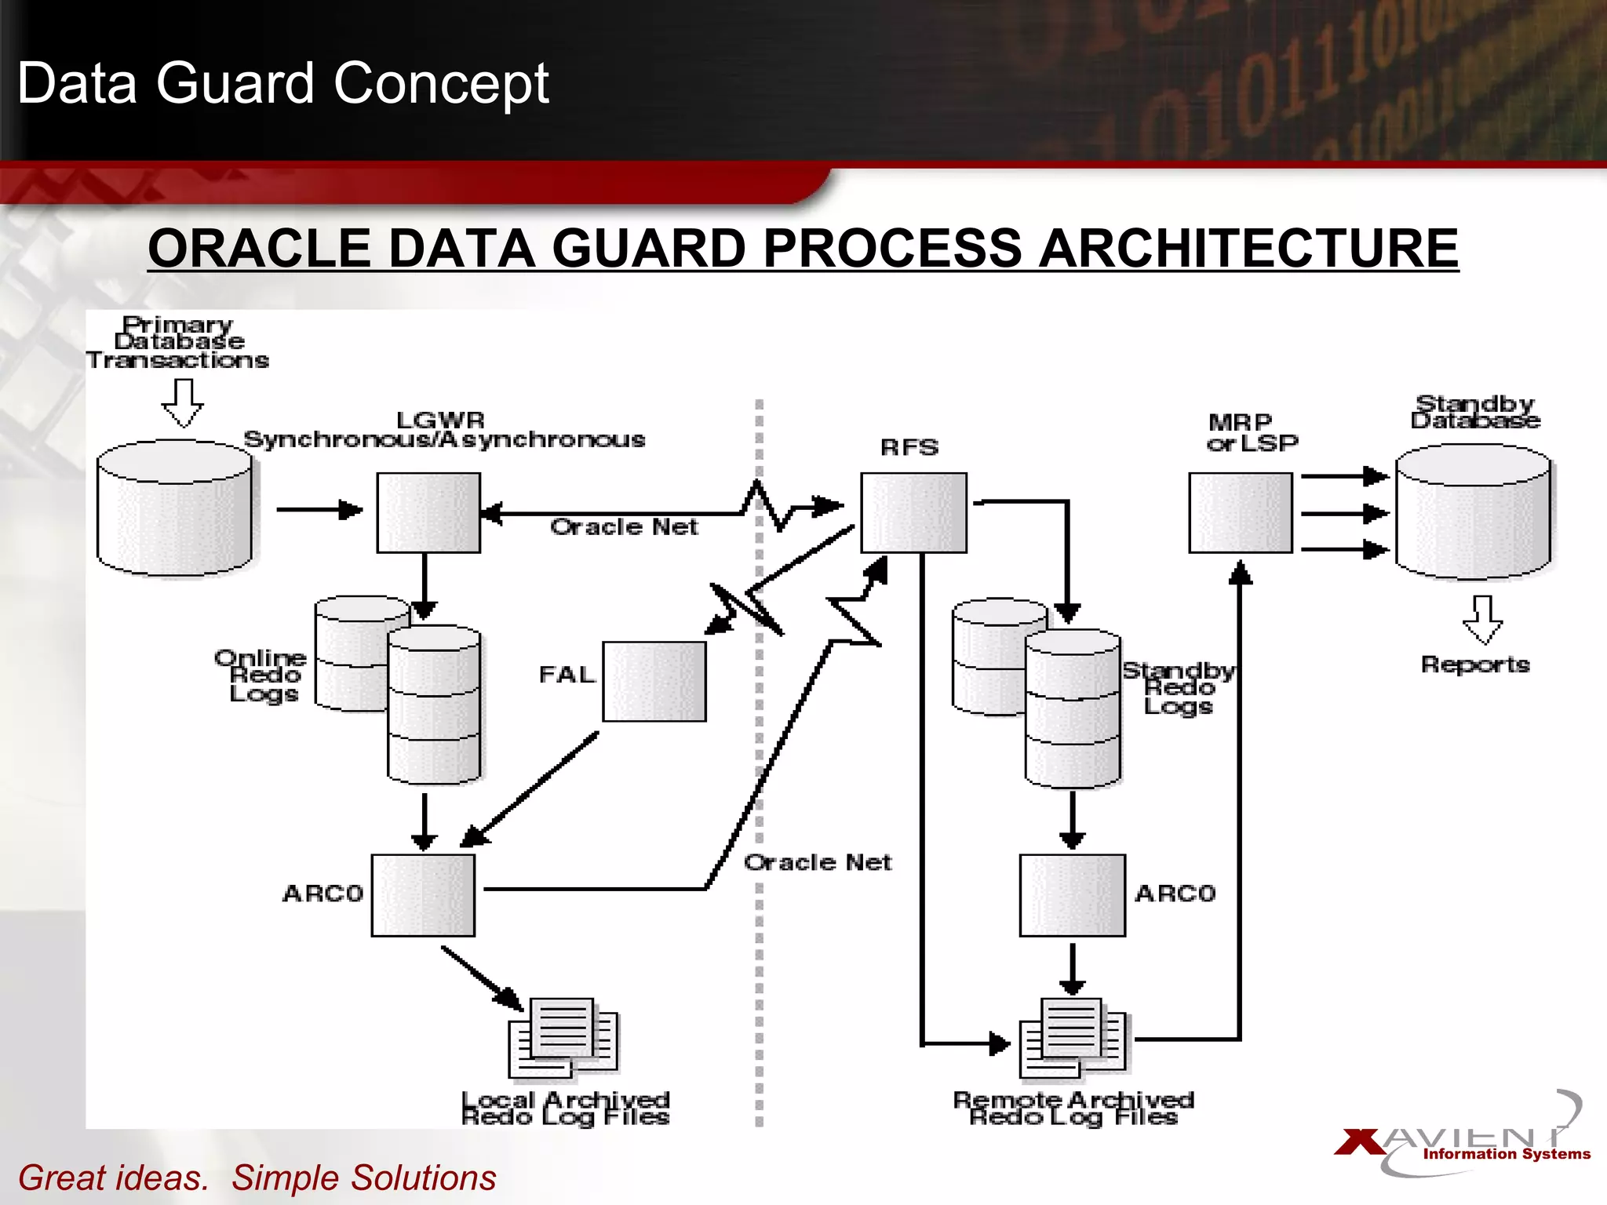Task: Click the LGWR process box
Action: click(x=428, y=512)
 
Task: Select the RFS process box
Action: click(x=913, y=512)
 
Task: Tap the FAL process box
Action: click(x=654, y=681)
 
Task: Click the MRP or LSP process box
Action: click(x=1240, y=512)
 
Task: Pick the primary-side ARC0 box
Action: click(x=423, y=895)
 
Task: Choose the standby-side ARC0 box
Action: click(x=1072, y=895)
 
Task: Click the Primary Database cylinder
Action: click(x=174, y=508)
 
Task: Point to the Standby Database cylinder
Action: click(x=1473, y=512)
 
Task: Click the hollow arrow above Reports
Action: click(x=1482, y=620)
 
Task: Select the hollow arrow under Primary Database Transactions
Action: click(x=183, y=402)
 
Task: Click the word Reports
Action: click(x=1474, y=664)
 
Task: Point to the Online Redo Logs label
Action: click(x=261, y=675)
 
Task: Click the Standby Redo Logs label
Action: click(x=1178, y=688)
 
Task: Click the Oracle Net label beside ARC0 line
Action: click(x=818, y=862)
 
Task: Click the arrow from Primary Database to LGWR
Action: click(x=319, y=510)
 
